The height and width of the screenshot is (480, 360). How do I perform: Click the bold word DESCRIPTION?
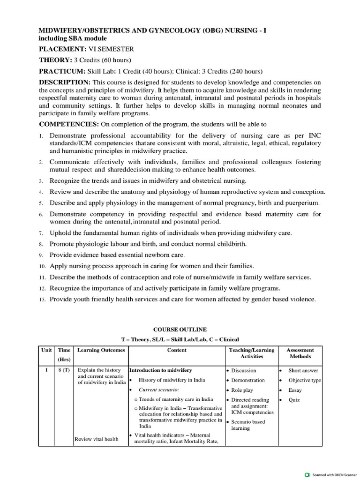coord(62,82)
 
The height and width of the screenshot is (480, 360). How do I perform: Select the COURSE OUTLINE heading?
coord(180,330)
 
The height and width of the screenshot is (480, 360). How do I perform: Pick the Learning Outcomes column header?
coord(101,350)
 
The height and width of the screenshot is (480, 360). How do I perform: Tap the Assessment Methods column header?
coord(300,353)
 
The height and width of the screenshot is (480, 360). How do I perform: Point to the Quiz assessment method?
coord(294,400)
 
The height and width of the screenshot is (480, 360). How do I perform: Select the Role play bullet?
coord(243,390)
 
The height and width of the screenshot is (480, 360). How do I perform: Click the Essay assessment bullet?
coord(295,390)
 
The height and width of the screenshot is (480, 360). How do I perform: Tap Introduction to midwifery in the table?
coord(160,370)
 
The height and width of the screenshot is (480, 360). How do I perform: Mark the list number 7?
coord(41,233)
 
